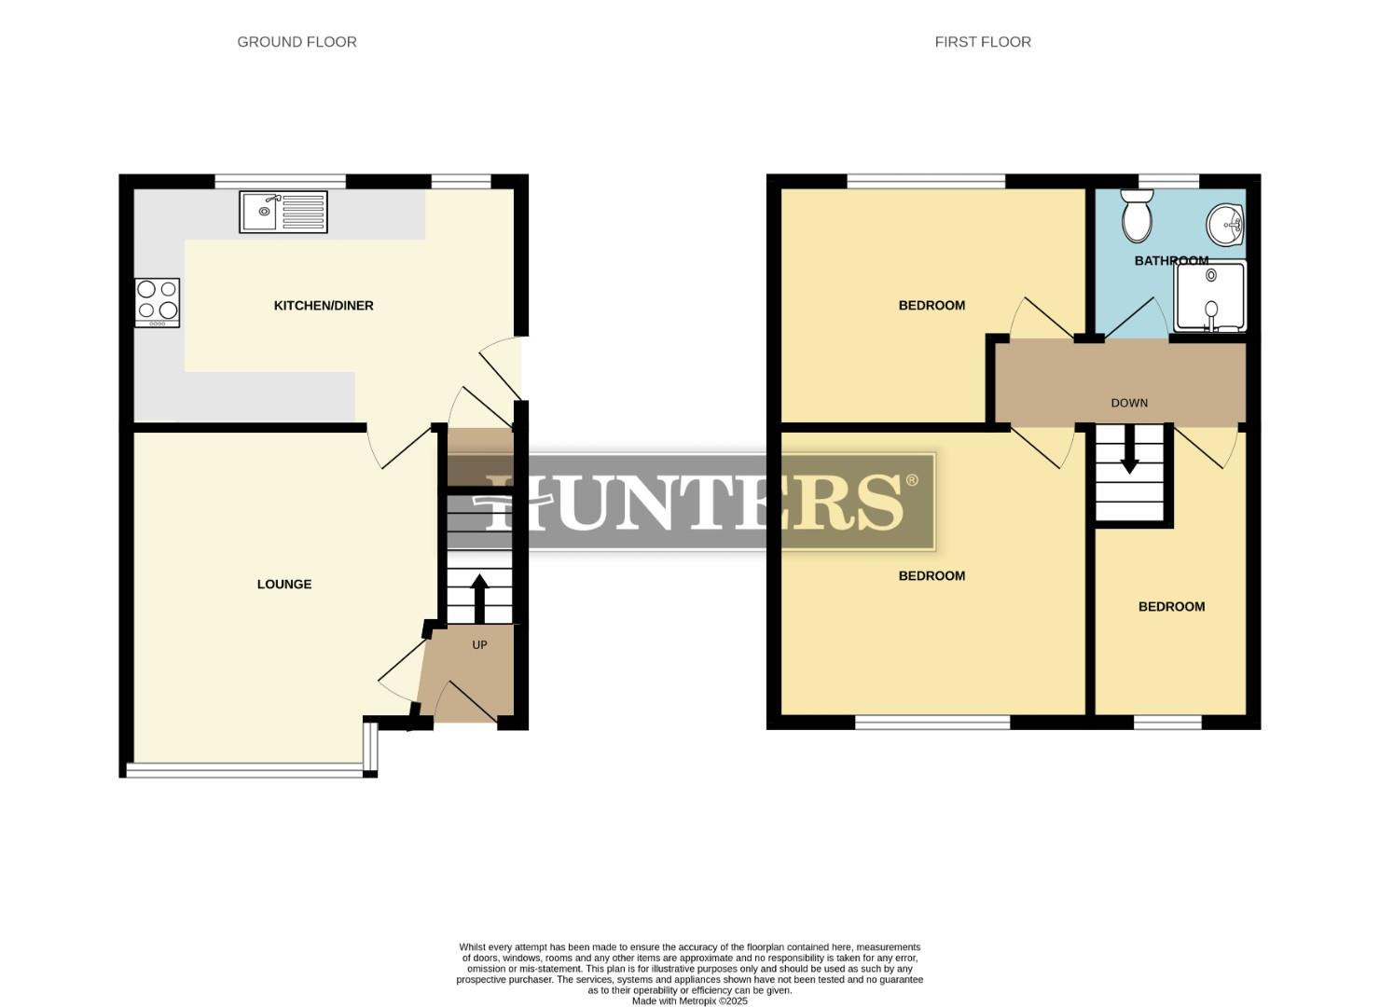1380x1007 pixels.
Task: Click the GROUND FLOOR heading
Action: pyautogui.click(x=297, y=42)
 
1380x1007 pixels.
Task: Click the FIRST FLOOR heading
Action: pyautogui.click(x=983, y=42)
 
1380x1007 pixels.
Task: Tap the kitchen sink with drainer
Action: pyautogui.click(x=283, y=212)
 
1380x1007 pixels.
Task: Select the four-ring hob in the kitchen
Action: pyautogui.click(x=158, y=302)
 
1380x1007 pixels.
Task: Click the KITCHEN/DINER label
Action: pyautogui.click(x=324, y=306)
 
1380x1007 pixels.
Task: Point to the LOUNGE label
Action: pyautogui.click(x=284, y=585)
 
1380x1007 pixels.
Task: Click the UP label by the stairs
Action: pyautogui.click(x=479, y=644)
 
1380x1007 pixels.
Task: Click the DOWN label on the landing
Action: pyautogui.click(x=1129, y=403)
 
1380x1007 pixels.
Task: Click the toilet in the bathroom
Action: pyautogui.click(x=1138, y=216)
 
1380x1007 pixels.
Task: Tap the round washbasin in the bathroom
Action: pyautogui.click(x=1225, y=223)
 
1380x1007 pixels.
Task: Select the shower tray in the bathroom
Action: pyautogui.click(x=1209, y=297)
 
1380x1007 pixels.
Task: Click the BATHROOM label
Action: pyautogui.click(x=1171, y=261)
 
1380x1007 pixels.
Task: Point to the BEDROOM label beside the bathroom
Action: pyautogui.click(x=931, y=306)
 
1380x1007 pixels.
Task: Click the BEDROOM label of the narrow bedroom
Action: pyautogui.click(x=1171, y=607)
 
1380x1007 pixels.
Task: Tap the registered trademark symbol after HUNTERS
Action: pyautogui.click(x=912, y=480)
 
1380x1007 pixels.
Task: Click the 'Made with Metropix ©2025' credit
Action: pyautogui.click(x=690, y=1000)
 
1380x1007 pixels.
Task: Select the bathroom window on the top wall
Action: pyautogui.click(x=1169, y=181)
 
